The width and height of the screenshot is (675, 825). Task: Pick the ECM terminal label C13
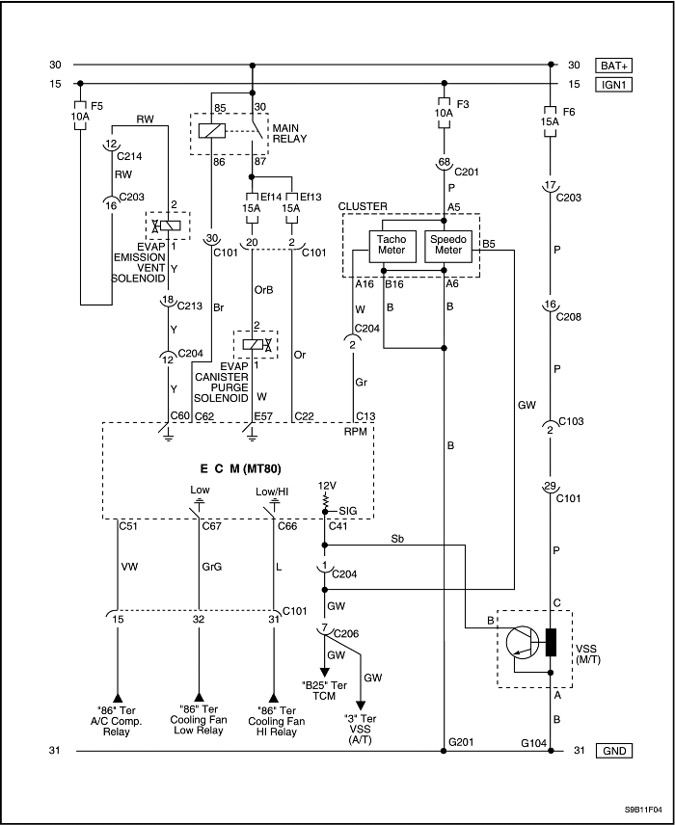tap(365, 415)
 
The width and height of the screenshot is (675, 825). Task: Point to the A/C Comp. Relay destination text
tap(116, 726)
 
